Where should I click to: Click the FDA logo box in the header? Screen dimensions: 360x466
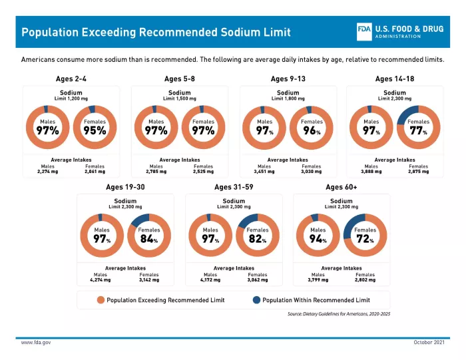(x=364, y=31)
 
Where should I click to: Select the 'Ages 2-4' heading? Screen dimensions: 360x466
(x=71, y=79)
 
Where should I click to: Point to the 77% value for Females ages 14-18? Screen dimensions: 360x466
(x=417, y=131)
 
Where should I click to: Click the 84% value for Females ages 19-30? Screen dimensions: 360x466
(x=148, y=239)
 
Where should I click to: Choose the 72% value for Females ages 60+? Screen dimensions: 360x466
(x=363, y=239)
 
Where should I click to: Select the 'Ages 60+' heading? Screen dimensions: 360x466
(x=342, y=187)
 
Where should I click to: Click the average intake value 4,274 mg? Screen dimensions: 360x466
(x=101, y=280)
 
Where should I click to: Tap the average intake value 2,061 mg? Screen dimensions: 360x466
(x=95, y=172)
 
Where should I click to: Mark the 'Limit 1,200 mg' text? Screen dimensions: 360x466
(x=71, y=98)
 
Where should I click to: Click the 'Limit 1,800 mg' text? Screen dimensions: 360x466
(x=288, y=98)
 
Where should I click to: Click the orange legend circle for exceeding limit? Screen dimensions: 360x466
(x=101, y=300)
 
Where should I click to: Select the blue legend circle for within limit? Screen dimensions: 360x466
(x=256, y=300)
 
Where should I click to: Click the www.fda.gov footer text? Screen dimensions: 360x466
(x=36, y=342)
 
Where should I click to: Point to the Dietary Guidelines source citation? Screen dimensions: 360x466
(x=338, y=313)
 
